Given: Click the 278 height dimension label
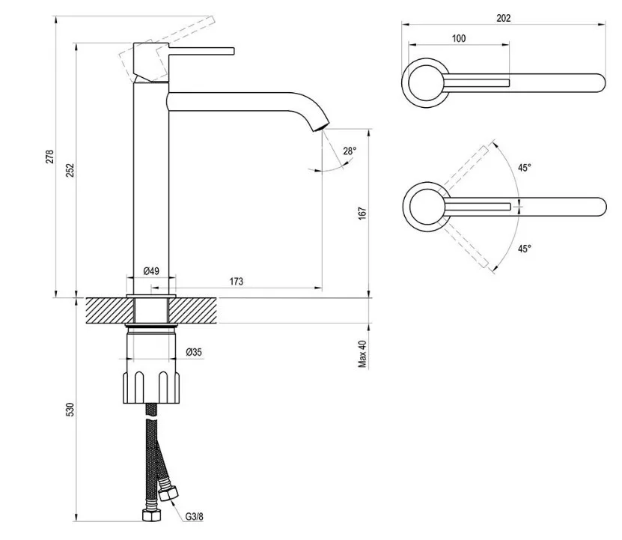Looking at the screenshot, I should pos(50,157).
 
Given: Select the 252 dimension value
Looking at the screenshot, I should pos(70,169).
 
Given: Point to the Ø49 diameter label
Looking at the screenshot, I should pos(151,270).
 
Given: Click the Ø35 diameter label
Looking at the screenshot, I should pos(192,352).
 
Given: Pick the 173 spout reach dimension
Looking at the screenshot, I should pos(236,282).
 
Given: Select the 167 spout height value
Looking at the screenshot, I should pos(362,213).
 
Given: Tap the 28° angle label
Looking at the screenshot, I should pos(350,151).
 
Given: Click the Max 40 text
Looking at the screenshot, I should pos(362,354).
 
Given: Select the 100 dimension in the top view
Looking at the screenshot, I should pos(459,38).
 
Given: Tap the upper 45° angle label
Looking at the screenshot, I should pos(524,168).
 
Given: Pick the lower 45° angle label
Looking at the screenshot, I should pos(524,249).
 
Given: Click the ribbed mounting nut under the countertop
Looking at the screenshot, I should pos(151,386).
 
